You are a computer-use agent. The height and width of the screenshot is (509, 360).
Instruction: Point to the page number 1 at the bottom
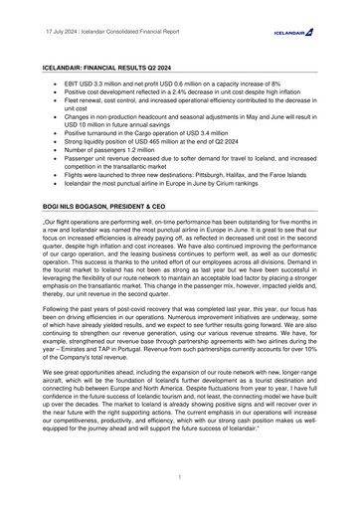(x=179, y=477)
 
